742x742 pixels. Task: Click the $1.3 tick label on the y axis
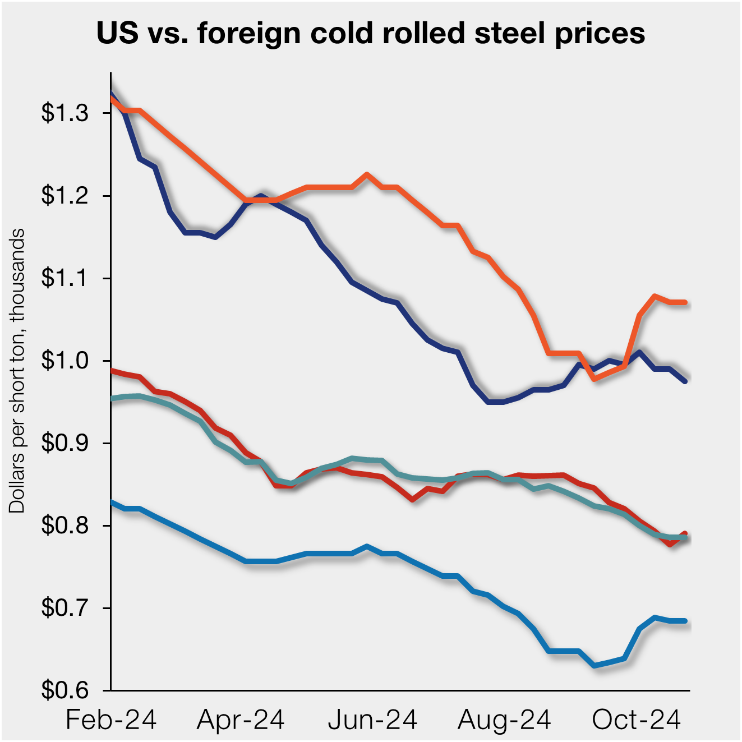65,113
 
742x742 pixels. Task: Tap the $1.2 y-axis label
65,196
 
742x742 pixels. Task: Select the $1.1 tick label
65,278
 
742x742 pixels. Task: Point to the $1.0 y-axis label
65,361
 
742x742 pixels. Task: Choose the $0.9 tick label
65,443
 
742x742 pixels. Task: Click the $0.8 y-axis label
65,526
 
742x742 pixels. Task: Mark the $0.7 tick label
65,608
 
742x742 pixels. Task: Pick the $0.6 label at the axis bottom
65,690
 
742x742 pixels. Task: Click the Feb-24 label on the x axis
111,720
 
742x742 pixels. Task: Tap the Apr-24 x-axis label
241,720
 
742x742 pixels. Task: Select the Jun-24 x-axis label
372,720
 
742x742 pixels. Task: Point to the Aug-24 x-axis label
504,720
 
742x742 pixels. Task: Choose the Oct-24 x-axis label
636,720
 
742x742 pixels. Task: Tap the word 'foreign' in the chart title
245,34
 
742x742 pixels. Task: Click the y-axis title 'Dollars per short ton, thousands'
17,370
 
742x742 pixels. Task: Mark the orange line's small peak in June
367,174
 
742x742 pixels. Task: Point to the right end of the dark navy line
685,381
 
